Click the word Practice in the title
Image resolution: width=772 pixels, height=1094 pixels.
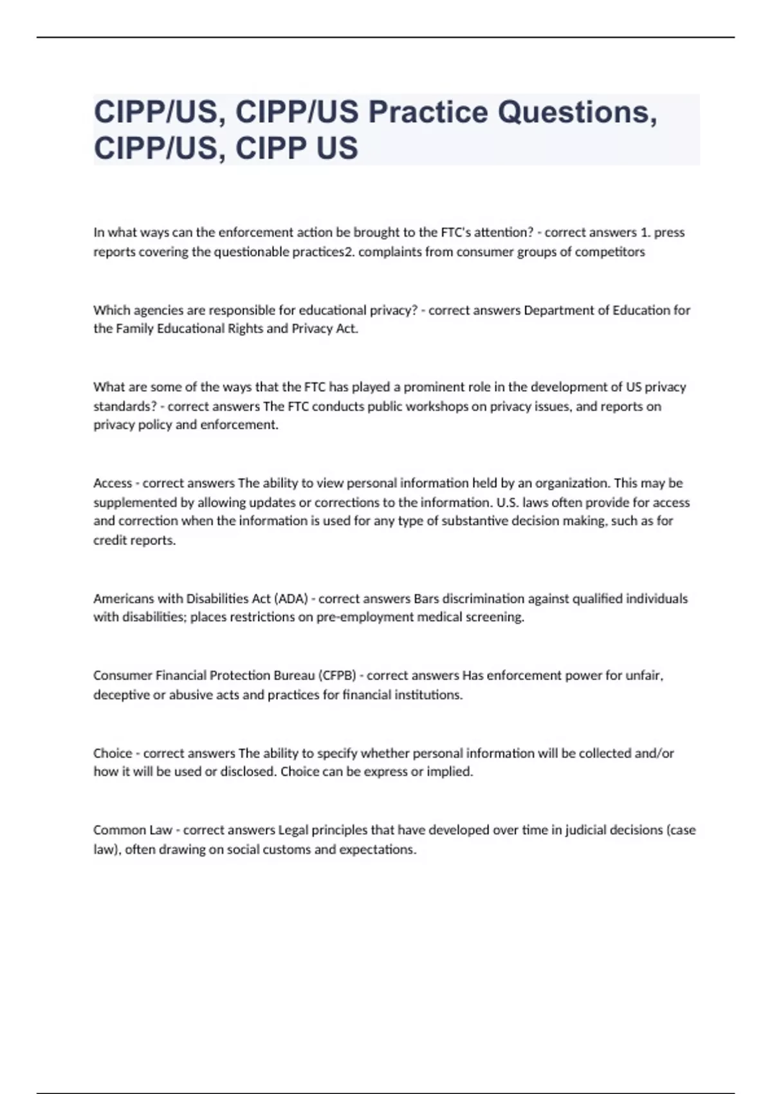pos(428,112)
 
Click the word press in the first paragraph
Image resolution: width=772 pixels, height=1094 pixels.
pos(669,232)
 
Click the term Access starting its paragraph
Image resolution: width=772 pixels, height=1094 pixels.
pos(113,483)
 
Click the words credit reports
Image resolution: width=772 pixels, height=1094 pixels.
pos(134,540)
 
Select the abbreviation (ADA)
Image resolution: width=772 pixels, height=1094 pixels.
pos(291,598)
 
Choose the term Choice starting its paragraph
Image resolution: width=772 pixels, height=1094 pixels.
pos(113,753)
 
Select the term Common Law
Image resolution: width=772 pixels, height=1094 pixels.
pos(133,830)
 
